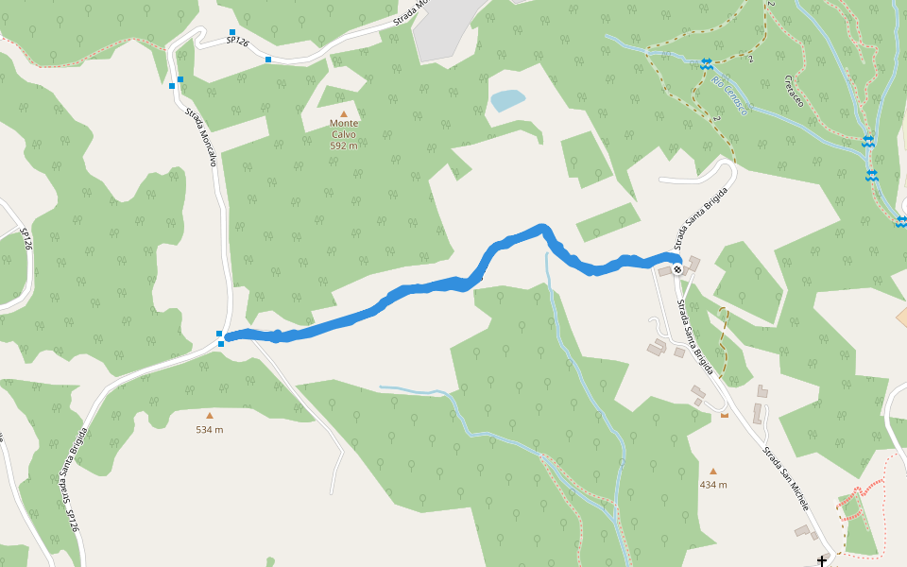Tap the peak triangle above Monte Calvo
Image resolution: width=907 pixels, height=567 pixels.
[x=343, y=113]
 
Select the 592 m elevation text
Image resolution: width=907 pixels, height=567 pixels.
[x=343, y=146]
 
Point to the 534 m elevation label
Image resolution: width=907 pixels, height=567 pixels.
[x=210, y=430]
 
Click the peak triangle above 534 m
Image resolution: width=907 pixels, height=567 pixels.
[x=210, y=415]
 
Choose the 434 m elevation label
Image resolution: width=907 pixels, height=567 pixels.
[x=713, y=485]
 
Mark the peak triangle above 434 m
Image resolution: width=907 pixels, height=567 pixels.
[x=713, y=471]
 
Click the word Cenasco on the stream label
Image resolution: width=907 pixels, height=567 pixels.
[x=736, y=101]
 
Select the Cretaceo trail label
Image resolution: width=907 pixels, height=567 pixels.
[x=794, y=90]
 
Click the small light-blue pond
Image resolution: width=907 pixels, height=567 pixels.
[x=507, y=100]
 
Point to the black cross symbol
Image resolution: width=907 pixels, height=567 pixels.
[x=822, y=560]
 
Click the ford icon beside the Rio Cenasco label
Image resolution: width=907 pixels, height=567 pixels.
[x=707, y=63]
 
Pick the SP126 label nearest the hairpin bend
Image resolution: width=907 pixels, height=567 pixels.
[x=236, y=41]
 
